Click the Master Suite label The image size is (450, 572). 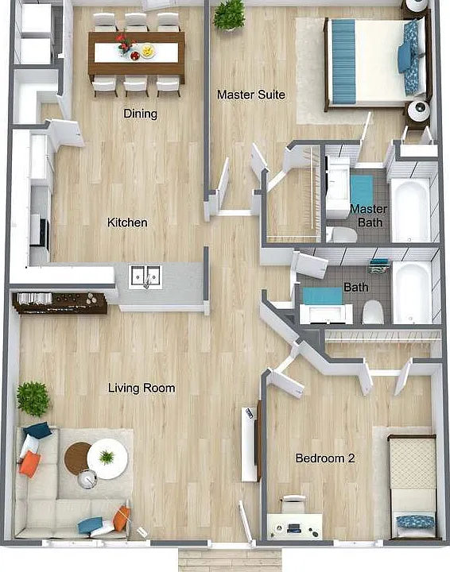250,95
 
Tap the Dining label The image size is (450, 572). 140,114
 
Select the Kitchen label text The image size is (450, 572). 127,222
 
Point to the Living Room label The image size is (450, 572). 142,388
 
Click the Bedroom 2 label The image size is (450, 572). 325,458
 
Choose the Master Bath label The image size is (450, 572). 369,215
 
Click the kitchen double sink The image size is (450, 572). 145,277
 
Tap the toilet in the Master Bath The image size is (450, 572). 342,235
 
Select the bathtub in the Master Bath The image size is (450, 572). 410,210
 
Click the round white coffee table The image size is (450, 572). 107,458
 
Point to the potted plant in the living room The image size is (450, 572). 33,399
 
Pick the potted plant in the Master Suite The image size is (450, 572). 229,15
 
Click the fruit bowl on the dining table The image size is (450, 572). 147,51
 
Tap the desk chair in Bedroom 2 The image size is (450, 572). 294,504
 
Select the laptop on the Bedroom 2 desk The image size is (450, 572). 294,528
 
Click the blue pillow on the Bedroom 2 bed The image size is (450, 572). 416,521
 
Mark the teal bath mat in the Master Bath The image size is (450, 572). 362,191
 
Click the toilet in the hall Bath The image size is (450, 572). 373,313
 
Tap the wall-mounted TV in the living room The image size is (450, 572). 258,441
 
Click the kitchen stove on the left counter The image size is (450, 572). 40,232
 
